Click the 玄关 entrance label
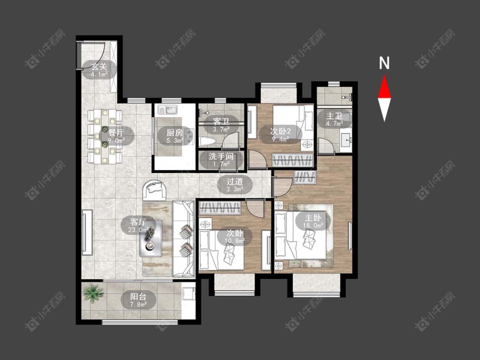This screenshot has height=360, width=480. click(x=99, y=66)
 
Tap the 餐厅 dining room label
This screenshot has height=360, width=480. click(x=116, y=133)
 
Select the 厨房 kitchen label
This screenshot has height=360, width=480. click(x=175, y=133)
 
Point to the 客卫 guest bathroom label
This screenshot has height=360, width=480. click(x=221, y=122)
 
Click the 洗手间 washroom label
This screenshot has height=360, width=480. click(x=221, y=157)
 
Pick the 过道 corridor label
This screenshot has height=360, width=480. click(x=235, y=181)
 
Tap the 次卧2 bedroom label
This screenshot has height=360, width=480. click(x=280, y=132)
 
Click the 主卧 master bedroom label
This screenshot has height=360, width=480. click(x=313, y=218)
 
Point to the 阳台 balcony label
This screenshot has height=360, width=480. click(x=138, y=296)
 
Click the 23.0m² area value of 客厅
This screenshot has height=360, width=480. click(x=139, y=229)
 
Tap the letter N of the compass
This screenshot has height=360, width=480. click(x=384, y=63)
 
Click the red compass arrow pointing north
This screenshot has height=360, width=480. click(x=384, y=87)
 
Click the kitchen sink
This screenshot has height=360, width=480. click(x=168, y=109)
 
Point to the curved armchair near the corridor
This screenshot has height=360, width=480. click(x=155, y=190)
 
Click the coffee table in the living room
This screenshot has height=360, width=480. click(x=151, y=238)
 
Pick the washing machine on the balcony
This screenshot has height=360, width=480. click(x=188, y=293)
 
